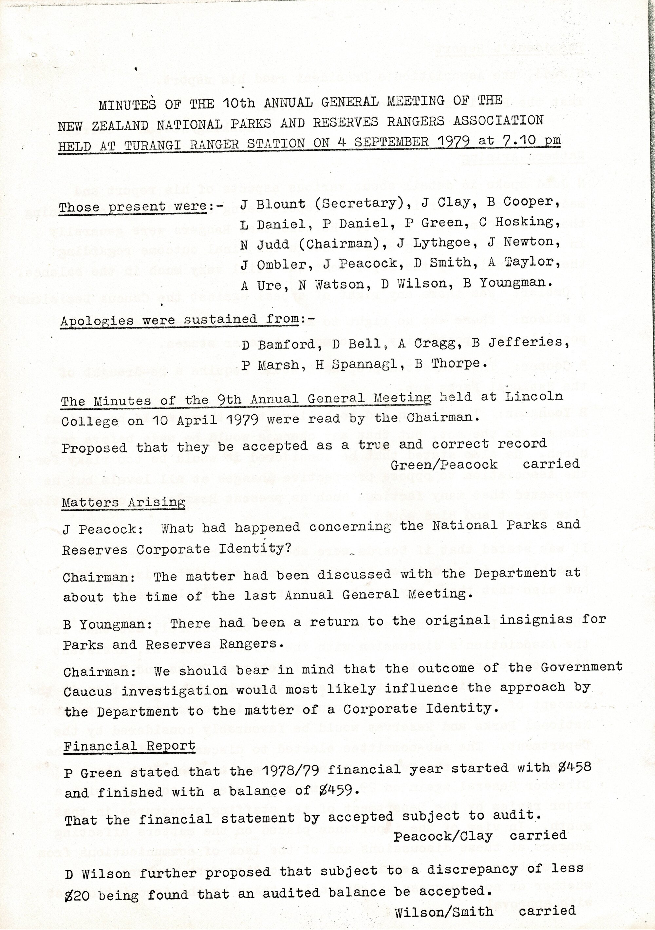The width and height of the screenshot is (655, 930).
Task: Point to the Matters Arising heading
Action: (x=123, y=503)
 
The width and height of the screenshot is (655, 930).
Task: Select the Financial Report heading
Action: (x=129, y=746)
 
